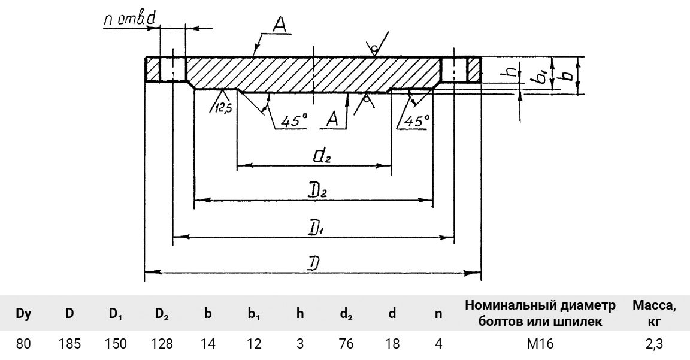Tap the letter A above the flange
[277, 25]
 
